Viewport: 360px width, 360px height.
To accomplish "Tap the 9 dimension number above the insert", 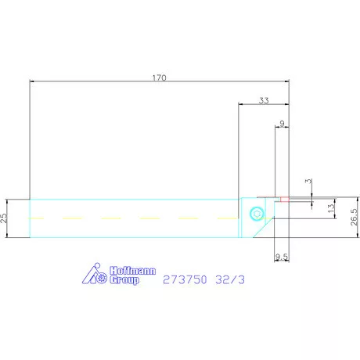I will coord(282,122).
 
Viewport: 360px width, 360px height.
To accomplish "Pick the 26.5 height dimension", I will coord(353,217).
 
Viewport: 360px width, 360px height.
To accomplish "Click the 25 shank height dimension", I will coord(5,217).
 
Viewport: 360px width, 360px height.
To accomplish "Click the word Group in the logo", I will coord(123,278).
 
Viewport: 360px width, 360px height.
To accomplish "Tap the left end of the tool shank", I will coord(30,217).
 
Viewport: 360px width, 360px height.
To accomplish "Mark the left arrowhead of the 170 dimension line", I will coord(31,81).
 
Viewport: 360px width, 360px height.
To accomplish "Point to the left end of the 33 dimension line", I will coord(238,104).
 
